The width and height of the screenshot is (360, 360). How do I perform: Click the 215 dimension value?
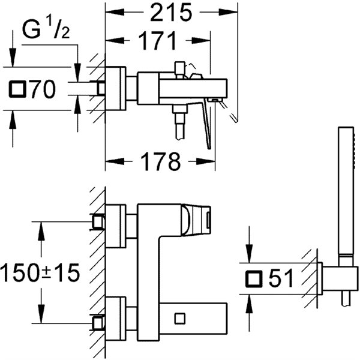(x=170, y=13)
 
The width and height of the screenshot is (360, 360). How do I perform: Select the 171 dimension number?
(x=158, y=41)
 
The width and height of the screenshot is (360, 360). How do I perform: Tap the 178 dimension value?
(x=161, y=161)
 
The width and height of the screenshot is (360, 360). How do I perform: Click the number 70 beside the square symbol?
(x=43, y=89)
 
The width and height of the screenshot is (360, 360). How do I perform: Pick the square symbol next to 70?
(x=17, y=89)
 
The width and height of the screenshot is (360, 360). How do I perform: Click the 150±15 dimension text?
(x=40, y=272)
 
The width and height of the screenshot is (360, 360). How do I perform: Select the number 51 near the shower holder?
(x=281, y=279)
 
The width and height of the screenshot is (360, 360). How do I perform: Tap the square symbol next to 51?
(x=254, y=279)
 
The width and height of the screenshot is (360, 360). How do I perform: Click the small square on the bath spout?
(x=180, y=318)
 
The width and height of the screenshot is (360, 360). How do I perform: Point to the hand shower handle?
(x=346, y=195)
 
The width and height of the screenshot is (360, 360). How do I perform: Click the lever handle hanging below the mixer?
(x=206, y=124)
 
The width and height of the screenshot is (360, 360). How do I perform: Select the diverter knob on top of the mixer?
(x=180, y=68)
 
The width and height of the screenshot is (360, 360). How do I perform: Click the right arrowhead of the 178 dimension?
(x=206, y=161)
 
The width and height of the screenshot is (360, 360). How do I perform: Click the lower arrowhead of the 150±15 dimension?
(x=41, y=314)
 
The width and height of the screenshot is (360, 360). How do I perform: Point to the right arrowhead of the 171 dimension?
(x=200, y=41)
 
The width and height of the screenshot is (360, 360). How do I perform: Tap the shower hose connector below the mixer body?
(x=180, y=122)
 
